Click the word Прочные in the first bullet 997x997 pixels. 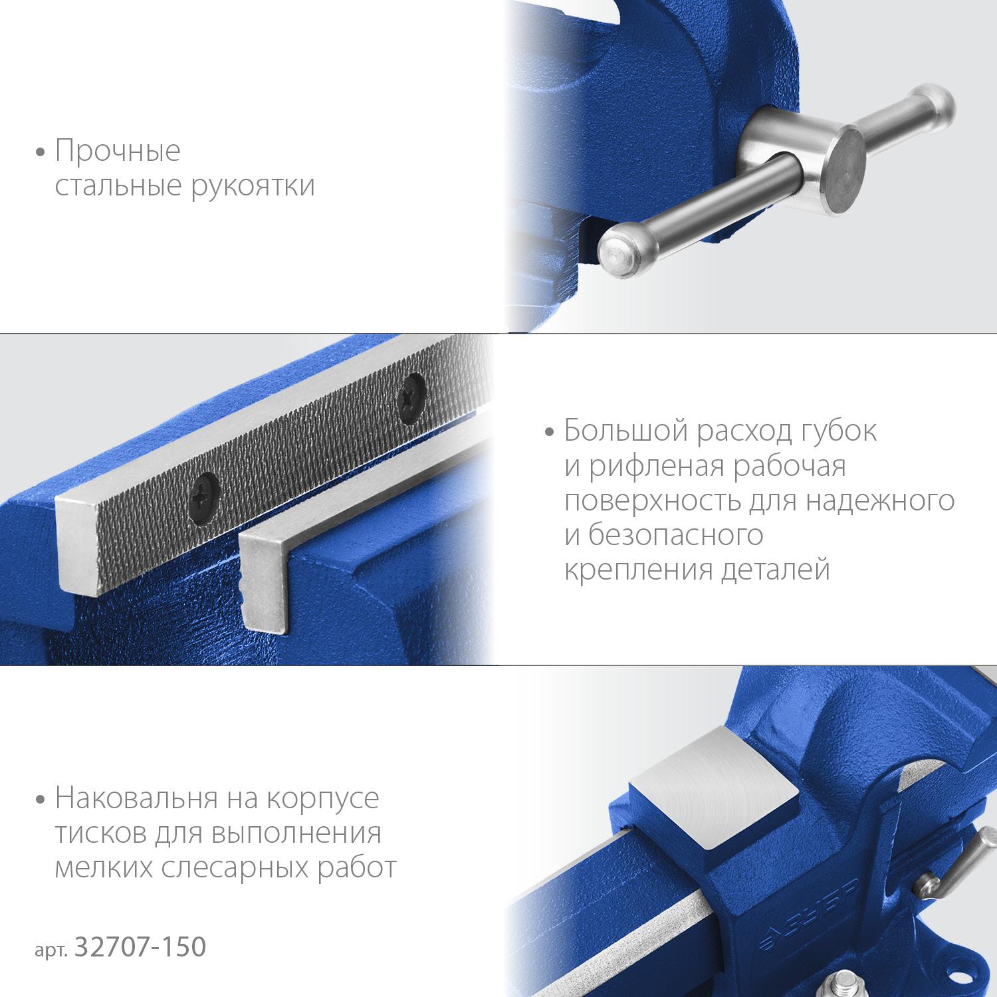point(118,152)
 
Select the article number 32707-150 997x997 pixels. point(140,947)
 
